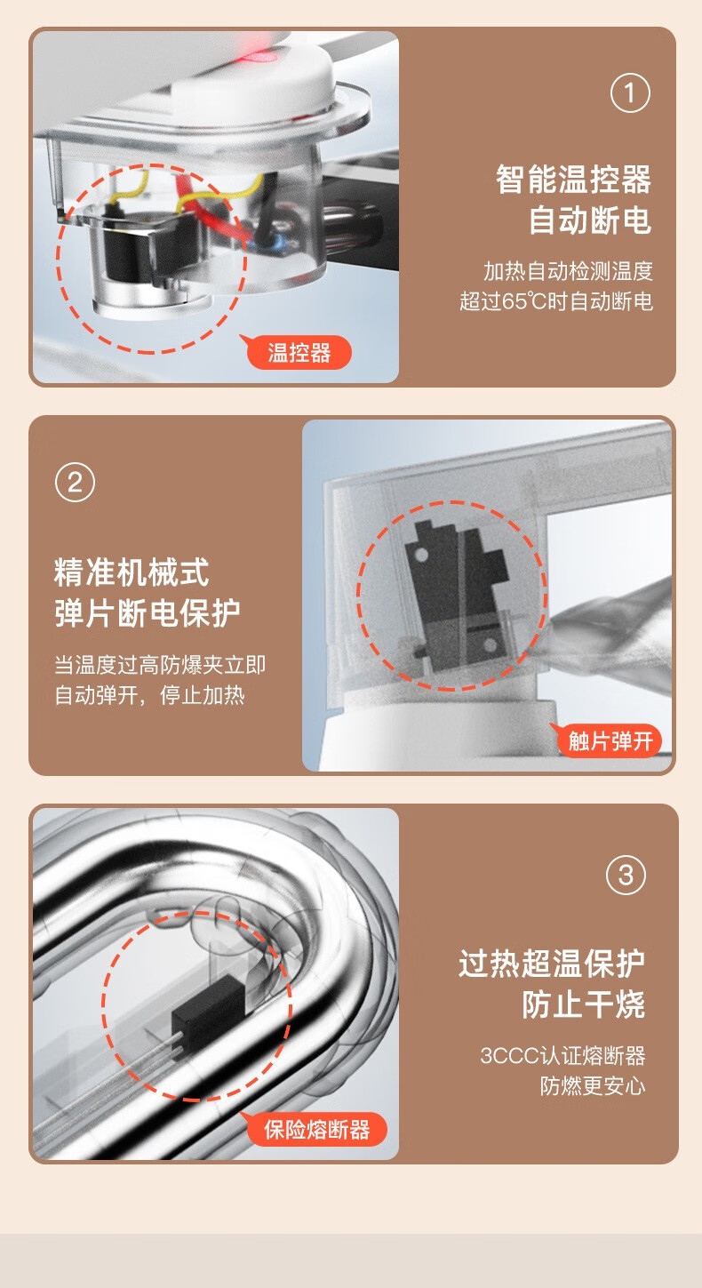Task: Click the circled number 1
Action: point(629,92)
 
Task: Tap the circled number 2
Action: point(75,483)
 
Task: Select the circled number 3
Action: point(626,876)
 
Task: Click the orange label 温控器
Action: point(299,353)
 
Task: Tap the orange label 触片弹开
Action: point(610,740)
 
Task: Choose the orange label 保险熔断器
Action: point(315,1129)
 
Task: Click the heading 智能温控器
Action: point(573,180)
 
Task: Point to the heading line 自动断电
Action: point(589,220)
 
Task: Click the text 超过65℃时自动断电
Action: point(556,300)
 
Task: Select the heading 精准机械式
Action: point(132,572)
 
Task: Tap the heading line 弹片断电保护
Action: point(148,613)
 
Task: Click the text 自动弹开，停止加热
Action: point(149,695)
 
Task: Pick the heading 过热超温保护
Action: point(551,964)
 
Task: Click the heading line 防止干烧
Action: point(583,1004)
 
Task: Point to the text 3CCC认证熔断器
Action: point(562,1056)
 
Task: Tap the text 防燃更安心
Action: point(592,1085)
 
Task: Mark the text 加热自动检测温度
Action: point(568,271)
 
